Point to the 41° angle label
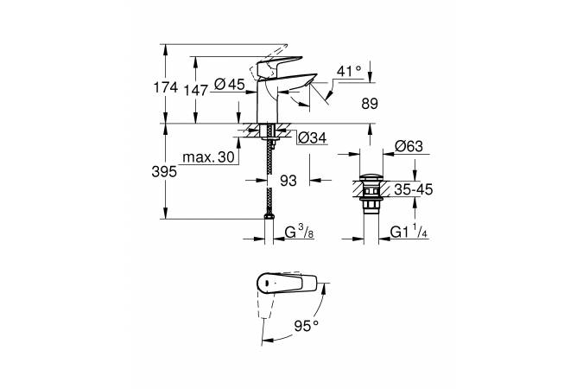click(x=350, y=72)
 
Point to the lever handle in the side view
click(x=276, y=61)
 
